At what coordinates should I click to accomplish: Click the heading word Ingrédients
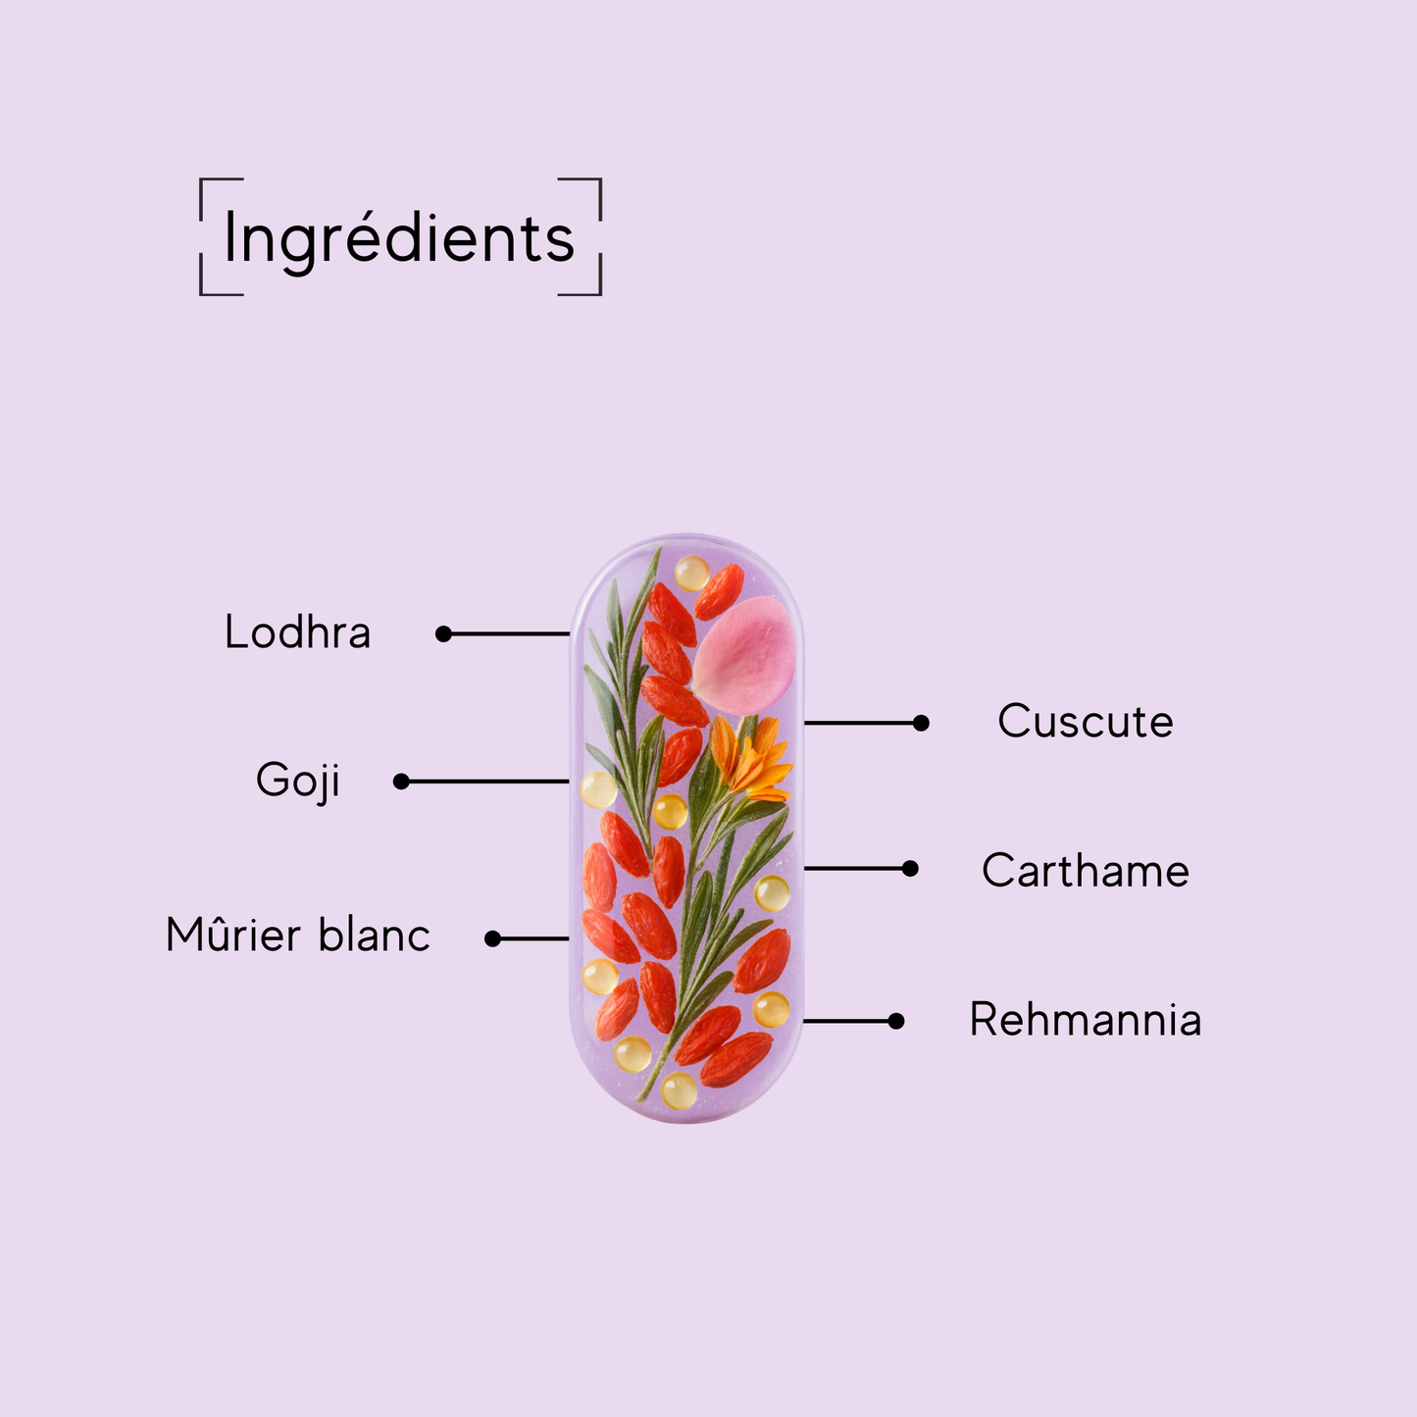399,238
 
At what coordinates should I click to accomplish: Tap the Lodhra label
297,633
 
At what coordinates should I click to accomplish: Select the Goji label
297,782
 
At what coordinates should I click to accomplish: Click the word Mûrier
233,935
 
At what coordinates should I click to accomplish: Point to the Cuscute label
1085,722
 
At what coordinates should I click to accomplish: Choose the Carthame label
1085,871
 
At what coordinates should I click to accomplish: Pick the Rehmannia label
1085,1020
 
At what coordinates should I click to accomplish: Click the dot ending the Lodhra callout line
443,634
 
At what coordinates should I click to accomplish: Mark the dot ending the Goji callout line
401,782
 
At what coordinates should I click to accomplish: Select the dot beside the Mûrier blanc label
493,938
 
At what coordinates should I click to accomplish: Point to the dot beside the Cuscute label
920,723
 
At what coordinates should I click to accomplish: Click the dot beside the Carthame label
910,868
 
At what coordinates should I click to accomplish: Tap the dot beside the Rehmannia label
895,1021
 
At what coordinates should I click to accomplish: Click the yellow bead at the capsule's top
691,573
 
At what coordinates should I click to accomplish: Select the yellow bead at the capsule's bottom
679,1089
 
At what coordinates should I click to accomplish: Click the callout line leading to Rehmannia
848,1021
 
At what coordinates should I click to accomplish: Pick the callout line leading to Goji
485,782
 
